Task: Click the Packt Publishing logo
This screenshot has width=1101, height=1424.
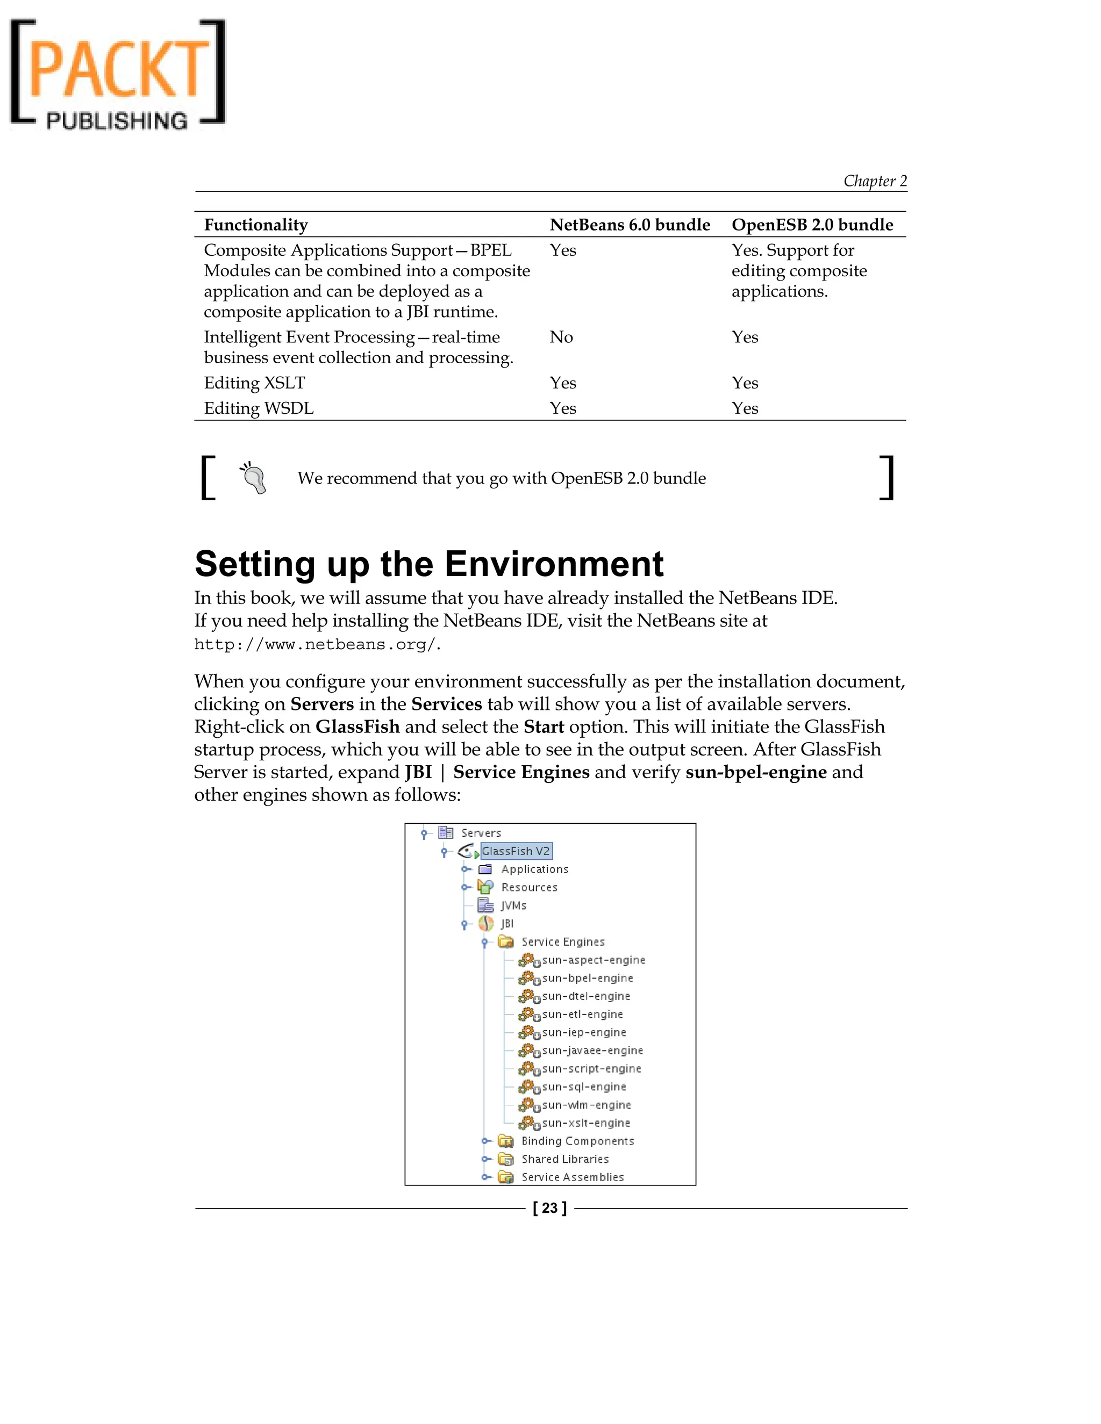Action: [117, 73]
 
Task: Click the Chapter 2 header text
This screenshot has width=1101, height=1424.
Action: [875, 181]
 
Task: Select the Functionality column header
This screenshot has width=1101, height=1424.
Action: [256, 225]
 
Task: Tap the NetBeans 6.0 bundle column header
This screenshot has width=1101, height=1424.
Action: [630, 225]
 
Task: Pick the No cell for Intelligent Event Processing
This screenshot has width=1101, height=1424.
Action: [561, 337]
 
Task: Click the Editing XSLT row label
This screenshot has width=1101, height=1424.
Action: [254, 383]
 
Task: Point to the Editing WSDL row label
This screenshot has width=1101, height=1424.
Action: [258, 408]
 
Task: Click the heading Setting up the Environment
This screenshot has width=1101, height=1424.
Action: [428, 564]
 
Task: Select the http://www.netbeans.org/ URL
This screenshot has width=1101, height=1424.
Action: [316, 645]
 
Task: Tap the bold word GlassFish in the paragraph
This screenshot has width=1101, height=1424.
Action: [358, 727]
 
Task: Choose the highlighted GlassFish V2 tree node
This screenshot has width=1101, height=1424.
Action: [516, 851]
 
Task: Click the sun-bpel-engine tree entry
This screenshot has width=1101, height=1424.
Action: [587, 978]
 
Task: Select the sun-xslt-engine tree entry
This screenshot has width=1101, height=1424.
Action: [586, 1123]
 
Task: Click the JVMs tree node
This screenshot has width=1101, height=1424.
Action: [513, 905]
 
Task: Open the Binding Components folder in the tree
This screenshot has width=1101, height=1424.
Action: [577, 1141]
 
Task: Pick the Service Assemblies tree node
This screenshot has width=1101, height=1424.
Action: [572, 1177]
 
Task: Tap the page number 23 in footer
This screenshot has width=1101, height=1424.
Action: [550, 1208]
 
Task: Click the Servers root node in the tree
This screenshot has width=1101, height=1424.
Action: [481, 832]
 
